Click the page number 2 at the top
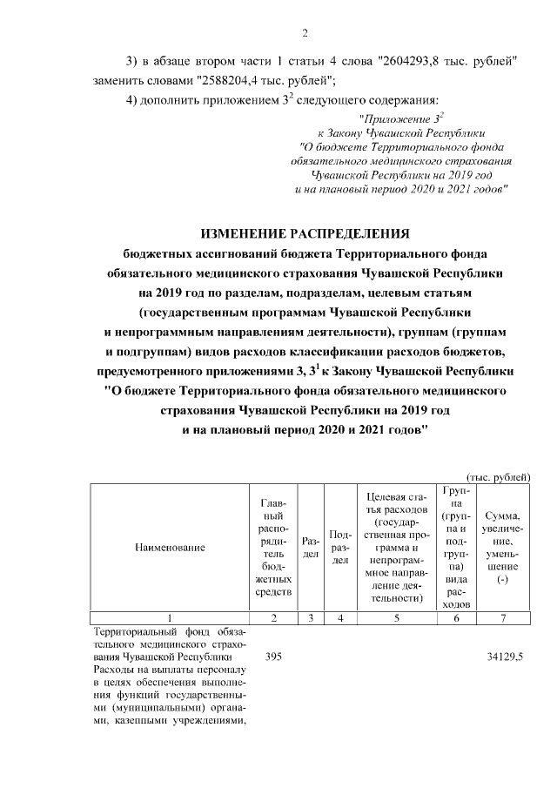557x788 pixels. tap(305, 34)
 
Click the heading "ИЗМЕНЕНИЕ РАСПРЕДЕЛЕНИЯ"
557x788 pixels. tap(305, 233)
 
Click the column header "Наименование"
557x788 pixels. tap(170, 548)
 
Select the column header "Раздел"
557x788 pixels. tap(311, 548)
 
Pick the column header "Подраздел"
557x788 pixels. tap(341, 548)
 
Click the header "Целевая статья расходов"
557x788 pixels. tap(396, 548)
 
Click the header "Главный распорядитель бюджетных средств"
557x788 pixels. tap(273, 548)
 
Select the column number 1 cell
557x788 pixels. tap(170, 617)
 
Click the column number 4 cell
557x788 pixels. tap(341, 617)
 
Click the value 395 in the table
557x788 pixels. tap(273, 656)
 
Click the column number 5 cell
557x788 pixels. tap(396, 617)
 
